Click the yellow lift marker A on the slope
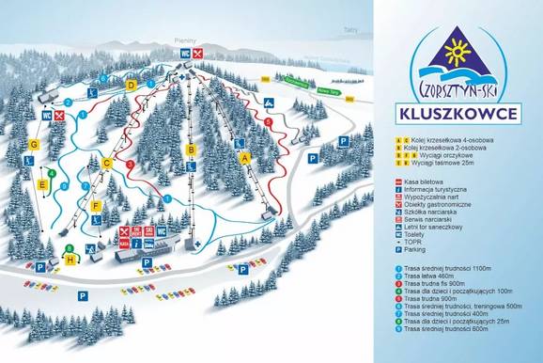(246, 159)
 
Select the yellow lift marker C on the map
(107, 163)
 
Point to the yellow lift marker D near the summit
(132, 84)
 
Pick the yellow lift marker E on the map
(42, 184)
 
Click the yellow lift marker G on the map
(34, 144)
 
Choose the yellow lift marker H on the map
(70, 259)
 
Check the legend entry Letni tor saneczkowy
(442, 224)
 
